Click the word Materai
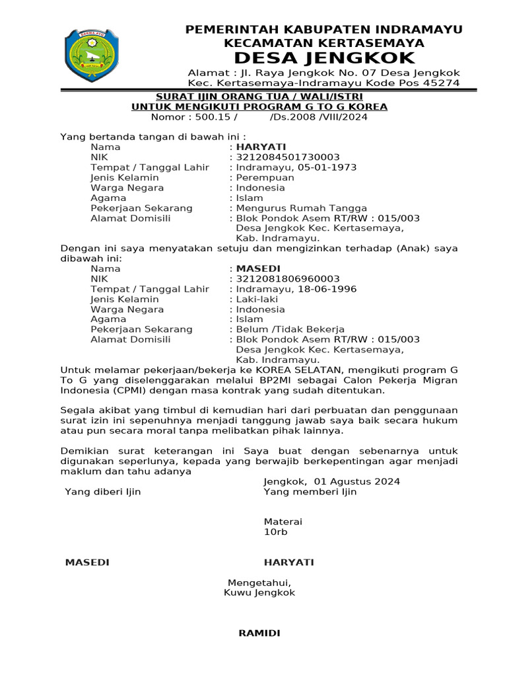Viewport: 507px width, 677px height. (x=283, y=522)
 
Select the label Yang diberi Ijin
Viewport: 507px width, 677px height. (x=103, y=492)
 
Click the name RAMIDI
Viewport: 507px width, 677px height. (x=259, y=633)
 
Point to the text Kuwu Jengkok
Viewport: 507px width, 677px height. (x=259, y=593)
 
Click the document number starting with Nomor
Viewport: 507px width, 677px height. (x=259, y=117)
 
